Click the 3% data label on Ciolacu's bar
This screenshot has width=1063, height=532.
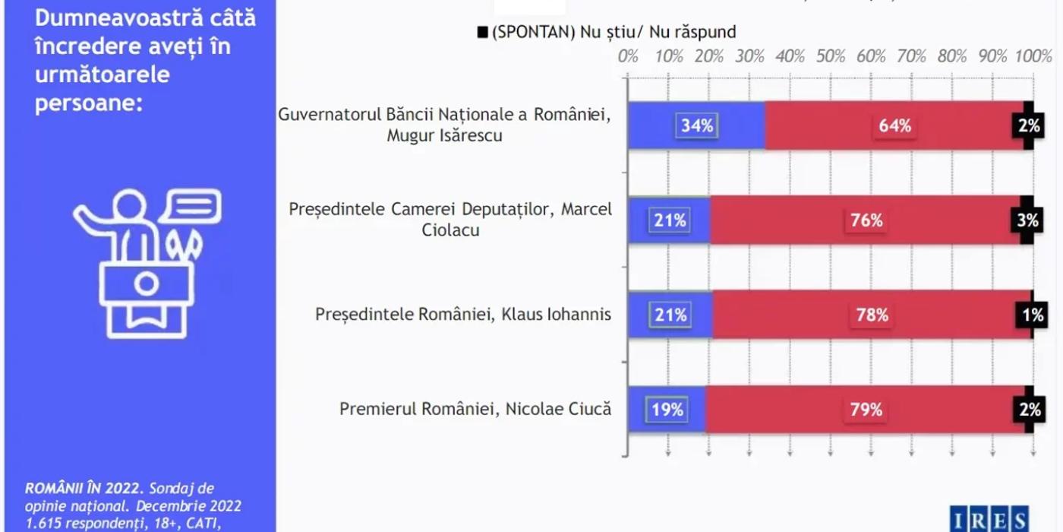click(1028, 220)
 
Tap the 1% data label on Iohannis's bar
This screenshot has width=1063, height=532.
click(1032, 314)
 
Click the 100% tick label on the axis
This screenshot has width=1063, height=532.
click(1033, 56)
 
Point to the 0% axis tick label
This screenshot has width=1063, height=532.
click(628, 56)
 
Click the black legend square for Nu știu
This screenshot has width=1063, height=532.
click(482, 32)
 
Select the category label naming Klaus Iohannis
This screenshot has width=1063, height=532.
click(463, 314)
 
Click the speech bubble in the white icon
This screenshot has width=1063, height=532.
click(194, 204)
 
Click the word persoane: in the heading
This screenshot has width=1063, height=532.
click(89, 103)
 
